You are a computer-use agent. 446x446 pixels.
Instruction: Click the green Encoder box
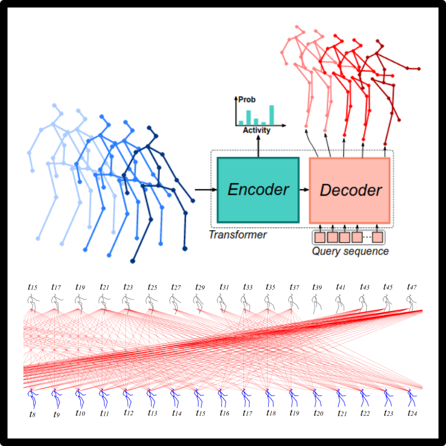(258, 190)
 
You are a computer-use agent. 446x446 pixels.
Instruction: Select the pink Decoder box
(350, 190)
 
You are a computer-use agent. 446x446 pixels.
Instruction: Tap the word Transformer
(238, 235)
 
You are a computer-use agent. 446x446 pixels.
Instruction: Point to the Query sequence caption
(350, 252)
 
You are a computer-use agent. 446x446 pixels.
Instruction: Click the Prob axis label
(247, 99)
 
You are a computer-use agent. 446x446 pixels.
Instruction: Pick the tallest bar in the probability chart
(272, 115)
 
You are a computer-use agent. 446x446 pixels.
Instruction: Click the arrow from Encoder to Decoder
(304, 190)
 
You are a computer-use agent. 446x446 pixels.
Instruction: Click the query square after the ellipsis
(377, 237)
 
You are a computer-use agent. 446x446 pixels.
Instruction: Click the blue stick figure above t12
(126, 395)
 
